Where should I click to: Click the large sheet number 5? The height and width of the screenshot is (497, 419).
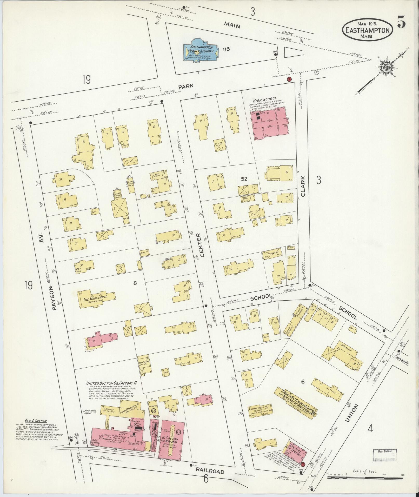pos(401,23)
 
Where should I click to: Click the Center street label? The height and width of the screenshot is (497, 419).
pos(199,245)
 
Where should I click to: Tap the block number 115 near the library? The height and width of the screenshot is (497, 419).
pos(226,49)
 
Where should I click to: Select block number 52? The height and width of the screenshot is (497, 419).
pos(244,179)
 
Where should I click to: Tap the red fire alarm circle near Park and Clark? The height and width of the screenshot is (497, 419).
pos(289,79)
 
